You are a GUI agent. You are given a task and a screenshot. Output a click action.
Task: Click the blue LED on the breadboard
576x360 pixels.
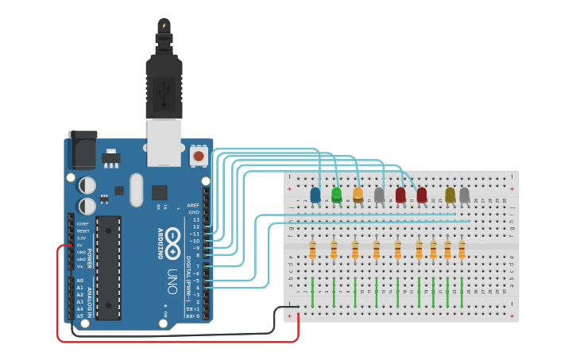(315, 194)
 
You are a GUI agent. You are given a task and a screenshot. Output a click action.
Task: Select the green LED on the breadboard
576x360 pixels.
(337, 194)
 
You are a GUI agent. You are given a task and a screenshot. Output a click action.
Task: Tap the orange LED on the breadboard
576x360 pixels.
(358, 194)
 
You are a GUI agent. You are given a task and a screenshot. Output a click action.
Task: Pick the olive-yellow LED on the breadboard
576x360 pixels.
(450, 195)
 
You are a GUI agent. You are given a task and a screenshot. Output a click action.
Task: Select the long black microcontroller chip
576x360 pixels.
(108, 267)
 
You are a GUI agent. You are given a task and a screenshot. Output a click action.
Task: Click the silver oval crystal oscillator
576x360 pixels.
(135, 190)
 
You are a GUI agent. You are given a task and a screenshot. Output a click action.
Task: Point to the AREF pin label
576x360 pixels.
(194, 205)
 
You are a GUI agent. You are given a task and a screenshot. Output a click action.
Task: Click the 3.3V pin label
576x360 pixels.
(82, 238)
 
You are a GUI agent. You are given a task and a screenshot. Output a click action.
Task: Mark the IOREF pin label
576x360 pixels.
(83, 224)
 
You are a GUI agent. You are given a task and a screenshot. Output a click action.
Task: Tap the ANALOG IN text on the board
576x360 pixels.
(90, 298)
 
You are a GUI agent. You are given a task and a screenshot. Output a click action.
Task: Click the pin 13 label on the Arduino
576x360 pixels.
(195, 219)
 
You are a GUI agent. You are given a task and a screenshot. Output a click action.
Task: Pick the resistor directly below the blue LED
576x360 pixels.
(313, 250)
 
